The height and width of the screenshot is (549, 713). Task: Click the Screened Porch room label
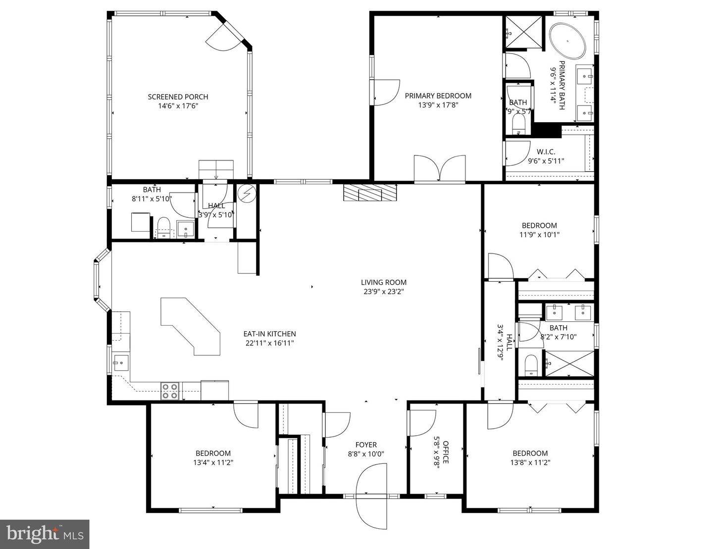pos(178,97)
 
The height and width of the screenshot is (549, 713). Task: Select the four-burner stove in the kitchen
pos(170,391)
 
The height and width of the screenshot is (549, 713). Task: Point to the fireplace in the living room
pos(371,192)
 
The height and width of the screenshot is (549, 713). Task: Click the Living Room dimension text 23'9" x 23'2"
pos(383,292)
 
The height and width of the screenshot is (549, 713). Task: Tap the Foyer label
pos(366,445)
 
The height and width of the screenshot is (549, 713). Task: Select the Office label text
pos(445,452)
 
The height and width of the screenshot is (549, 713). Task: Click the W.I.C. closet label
pos(546,151)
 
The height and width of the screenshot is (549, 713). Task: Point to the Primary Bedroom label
pos(438,96)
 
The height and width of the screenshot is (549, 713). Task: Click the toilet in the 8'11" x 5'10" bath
pos(163,227)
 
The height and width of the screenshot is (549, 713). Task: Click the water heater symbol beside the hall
pos(246,193)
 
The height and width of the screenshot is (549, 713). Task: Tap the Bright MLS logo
pos(45,534)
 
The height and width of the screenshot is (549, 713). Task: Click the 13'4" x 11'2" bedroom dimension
pos(213,462)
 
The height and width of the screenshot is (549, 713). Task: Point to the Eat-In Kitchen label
pos(269,334)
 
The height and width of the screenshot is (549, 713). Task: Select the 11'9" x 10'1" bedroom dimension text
pos(539,235)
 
